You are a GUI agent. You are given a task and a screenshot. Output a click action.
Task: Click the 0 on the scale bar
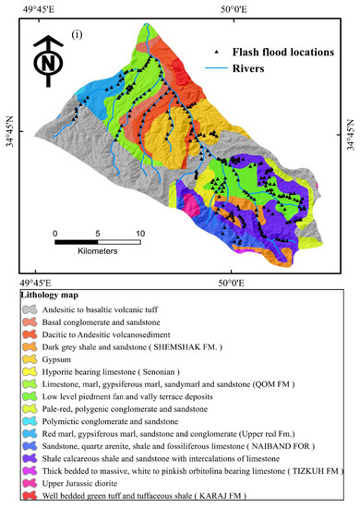56,233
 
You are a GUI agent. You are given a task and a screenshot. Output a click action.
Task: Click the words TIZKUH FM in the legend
306,471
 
